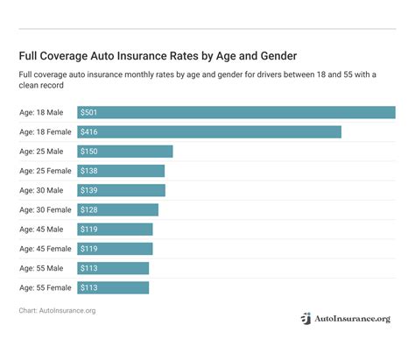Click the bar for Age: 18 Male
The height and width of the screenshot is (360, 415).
coord(236,113)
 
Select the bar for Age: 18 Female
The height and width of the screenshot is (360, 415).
coord(208,132)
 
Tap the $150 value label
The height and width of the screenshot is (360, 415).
coord(89,152)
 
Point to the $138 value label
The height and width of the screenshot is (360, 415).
coord(89,171)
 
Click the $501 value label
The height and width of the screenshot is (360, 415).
coord(89,113)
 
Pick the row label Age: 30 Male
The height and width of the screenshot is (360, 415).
coord(41,190)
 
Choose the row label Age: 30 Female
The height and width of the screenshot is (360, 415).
coord(45,209)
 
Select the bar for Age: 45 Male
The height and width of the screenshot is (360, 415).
coord(115,229)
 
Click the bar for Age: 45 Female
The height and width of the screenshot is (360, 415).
coord(115,249)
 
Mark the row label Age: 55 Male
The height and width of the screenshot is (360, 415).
coord(41,268)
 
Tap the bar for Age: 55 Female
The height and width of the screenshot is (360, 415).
coord(113,287)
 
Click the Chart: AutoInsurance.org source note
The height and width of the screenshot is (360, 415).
coord(57,310)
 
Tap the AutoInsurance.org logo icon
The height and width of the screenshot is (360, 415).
coord(306,320)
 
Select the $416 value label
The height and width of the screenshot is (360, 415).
coord(89,132)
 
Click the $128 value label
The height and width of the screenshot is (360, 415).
coord(89,209)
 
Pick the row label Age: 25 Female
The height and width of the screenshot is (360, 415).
coord(45,171)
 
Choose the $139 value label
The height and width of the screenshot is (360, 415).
coord(89,190)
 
